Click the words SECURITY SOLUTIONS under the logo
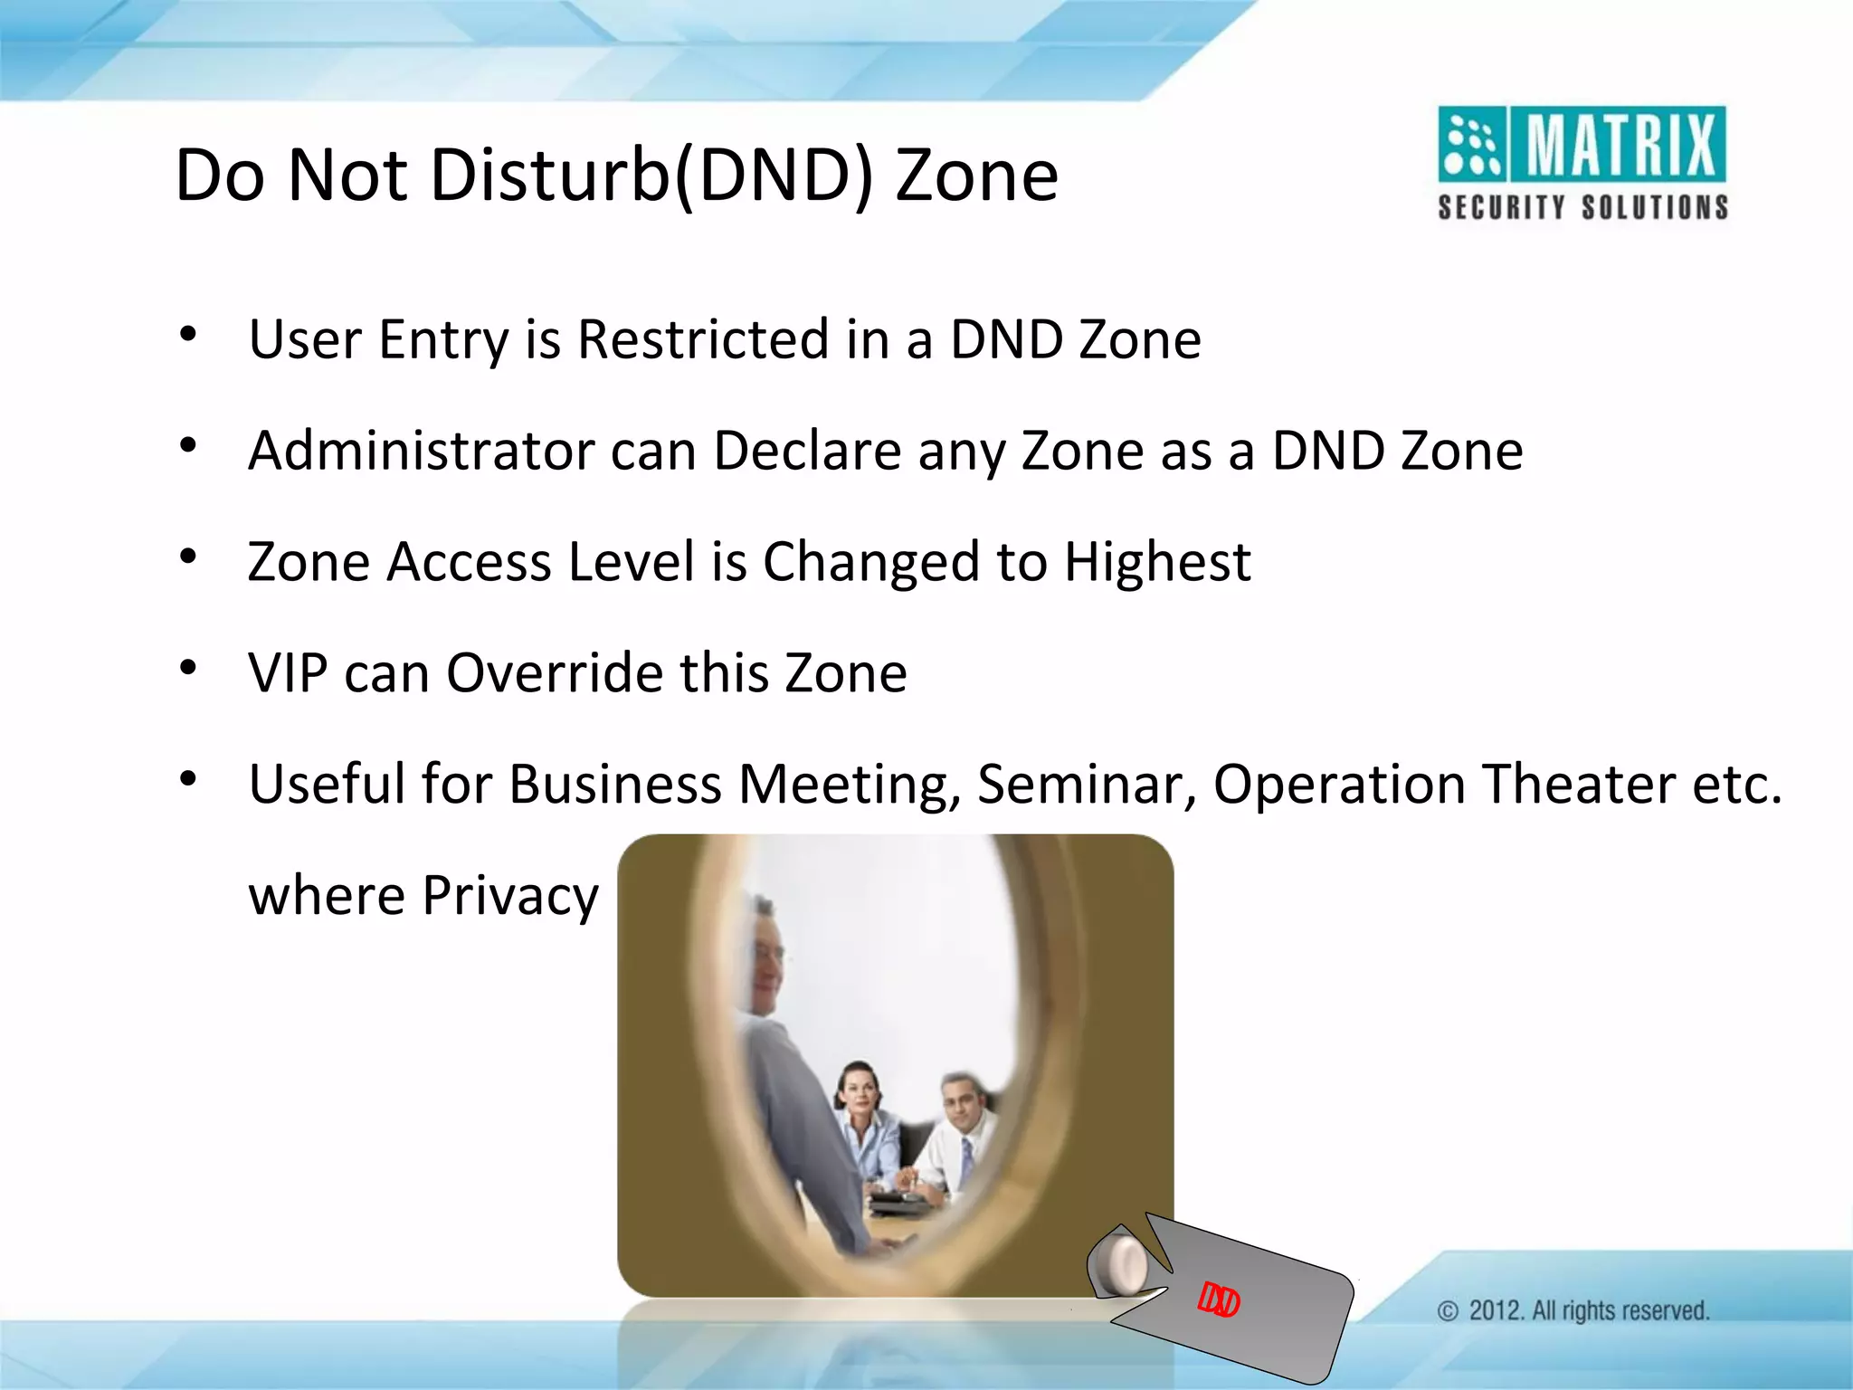pyautogui.click(x=1582, y=207)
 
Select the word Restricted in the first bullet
pyautogui.click(x=702, y=339)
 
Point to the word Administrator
pyautogui.click(x=422, y=451)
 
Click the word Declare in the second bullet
pyautogui.click(x=807, y=451)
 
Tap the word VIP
pyautogui.click(x=288, y=673)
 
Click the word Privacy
pyautogui.click(x=510, y=896)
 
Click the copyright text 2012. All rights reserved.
pyautogui.click(x=1588, y=1310)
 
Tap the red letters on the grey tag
pyautogui.click(x=1218, y=1300)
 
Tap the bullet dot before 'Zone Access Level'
pyautogui.click(x=188, y=557)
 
